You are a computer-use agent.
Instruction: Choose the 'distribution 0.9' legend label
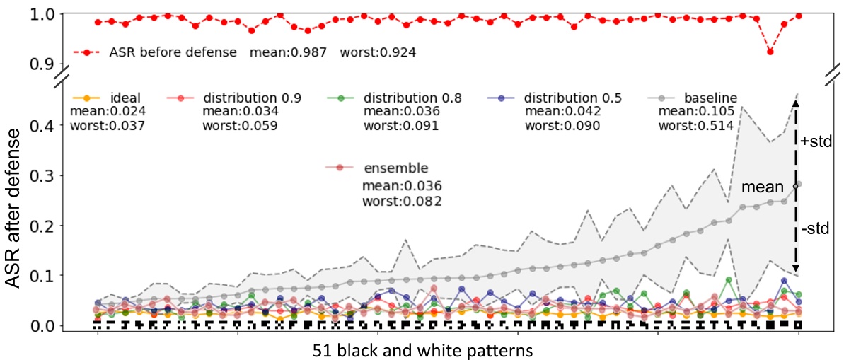point(242,97)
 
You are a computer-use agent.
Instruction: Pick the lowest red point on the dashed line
point(770,52)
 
